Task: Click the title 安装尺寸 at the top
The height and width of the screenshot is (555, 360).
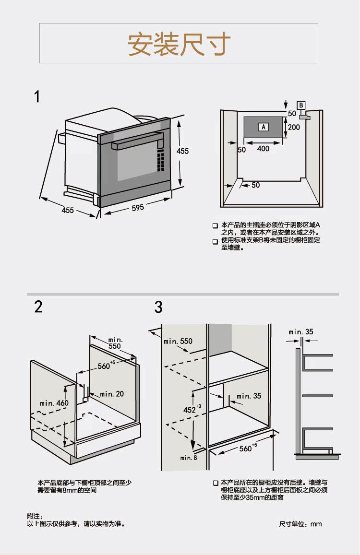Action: click(x=179, y=44)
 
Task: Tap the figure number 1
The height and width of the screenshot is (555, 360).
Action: click(x=37, y=97)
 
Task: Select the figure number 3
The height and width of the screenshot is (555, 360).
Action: click(x=158, y=307)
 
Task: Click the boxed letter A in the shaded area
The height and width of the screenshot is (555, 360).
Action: click(x=263, y=127)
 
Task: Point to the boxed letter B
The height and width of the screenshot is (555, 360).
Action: click(x=301, y=105)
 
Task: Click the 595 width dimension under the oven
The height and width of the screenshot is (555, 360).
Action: click(x=138, y=207)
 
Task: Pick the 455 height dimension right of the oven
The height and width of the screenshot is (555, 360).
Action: click(x=182, y=151)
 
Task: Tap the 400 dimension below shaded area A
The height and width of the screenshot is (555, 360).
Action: click(x=263, y=149)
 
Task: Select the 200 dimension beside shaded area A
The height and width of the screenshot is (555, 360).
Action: click(x=294, y=127)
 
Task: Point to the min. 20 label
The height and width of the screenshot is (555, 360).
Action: click(x=112, y=394)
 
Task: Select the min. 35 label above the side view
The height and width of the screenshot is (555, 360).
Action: click(x=301, y=331)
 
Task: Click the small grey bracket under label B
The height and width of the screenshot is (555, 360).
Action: click(x=304, y=117)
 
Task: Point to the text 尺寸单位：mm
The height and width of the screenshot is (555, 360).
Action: click(x=300, y=524)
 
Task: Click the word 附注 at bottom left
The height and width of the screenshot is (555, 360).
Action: click(x=32, y=516)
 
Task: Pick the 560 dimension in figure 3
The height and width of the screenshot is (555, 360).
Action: click(x=245, y=449)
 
